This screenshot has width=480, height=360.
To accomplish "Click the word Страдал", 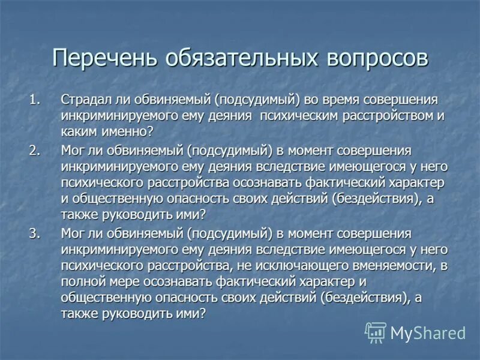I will (84, 100).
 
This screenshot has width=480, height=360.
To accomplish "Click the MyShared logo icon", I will (376, 332).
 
